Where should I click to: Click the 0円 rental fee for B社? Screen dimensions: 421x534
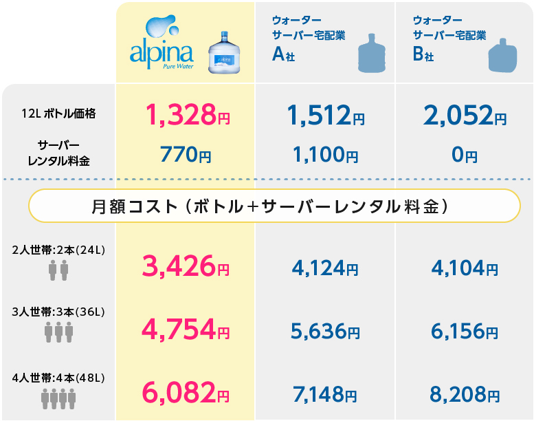[x=465, y=155]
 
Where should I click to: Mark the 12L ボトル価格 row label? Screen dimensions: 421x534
[x=58, y=114]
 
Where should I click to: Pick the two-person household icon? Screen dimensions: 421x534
[x=58, y=270]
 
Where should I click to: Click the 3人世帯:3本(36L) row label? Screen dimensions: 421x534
[x=58, y=314]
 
